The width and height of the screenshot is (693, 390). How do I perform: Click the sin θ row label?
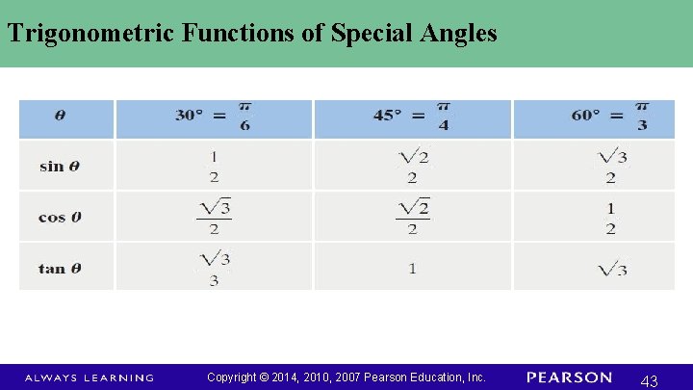click(x=60, y=166)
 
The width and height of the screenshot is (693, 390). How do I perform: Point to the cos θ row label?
click(x=60, y=217)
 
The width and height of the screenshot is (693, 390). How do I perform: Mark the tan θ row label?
click(x=60, y=268)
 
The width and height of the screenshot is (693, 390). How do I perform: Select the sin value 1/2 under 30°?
click(x=214, y=166)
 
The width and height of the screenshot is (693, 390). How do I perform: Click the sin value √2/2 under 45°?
click(x=412, y=166)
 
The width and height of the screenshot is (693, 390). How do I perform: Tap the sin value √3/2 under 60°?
click(x=610, y=166)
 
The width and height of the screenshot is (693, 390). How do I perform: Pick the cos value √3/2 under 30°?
click(x=214, y=217)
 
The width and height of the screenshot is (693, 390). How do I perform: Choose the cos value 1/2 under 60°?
click(x=610, y=217)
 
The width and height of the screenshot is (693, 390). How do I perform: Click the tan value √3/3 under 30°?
click(x=214, y=268)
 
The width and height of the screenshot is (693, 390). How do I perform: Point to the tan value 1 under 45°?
click(x=412, y=268)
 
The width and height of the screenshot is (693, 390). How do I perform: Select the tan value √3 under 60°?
click(x=611, y=268)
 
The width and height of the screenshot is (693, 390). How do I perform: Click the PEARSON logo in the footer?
click(x=569, y=377)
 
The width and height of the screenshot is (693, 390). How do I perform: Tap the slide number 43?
click(x=649, y=381)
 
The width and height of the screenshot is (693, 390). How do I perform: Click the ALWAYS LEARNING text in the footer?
click(x=89, y=377)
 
